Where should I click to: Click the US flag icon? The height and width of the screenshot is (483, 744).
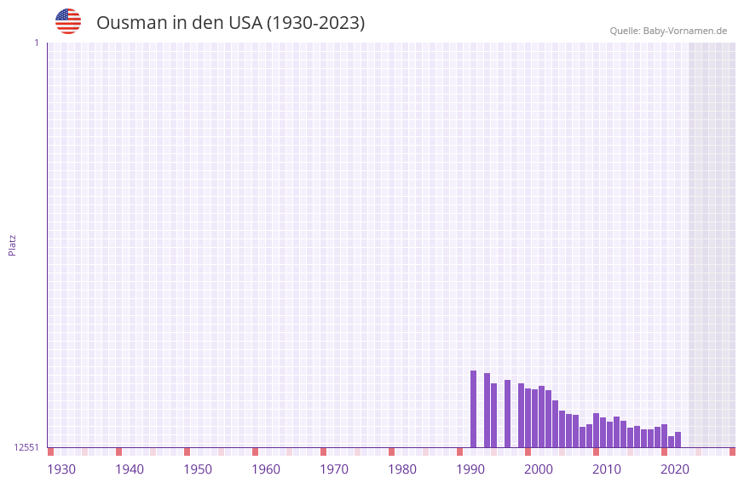click(68, 21)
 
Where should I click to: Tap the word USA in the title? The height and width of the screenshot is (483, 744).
click(245, 23)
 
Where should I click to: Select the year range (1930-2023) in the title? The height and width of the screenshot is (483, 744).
click(316, 23)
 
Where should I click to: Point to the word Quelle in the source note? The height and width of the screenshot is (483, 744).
click(624, 31)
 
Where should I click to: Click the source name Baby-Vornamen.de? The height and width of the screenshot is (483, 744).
click(685, 31)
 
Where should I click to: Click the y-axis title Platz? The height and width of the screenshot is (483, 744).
click(12, 244)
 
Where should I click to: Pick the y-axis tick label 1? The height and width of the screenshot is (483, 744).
click(36, 43)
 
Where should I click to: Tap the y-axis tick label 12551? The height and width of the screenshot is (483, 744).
click(26, 447)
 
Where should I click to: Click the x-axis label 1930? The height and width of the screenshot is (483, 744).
click(61, 469)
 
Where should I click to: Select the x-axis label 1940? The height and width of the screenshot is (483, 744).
click(130, 469)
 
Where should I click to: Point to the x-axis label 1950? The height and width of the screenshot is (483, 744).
click(198, 469)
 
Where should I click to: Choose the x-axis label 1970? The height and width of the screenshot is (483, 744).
click(334, 469)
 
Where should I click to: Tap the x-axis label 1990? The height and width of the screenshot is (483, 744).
click(470, 469)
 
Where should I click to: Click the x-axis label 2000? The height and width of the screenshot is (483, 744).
click(539, 469)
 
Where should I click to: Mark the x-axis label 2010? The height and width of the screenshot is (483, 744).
click(607, 469)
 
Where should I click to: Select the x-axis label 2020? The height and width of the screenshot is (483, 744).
click(675, 469)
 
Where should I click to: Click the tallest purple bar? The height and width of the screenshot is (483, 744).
click(474, 409)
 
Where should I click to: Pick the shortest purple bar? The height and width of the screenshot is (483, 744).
click(671, 442)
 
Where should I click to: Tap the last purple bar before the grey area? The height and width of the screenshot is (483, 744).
click(678, 440)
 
